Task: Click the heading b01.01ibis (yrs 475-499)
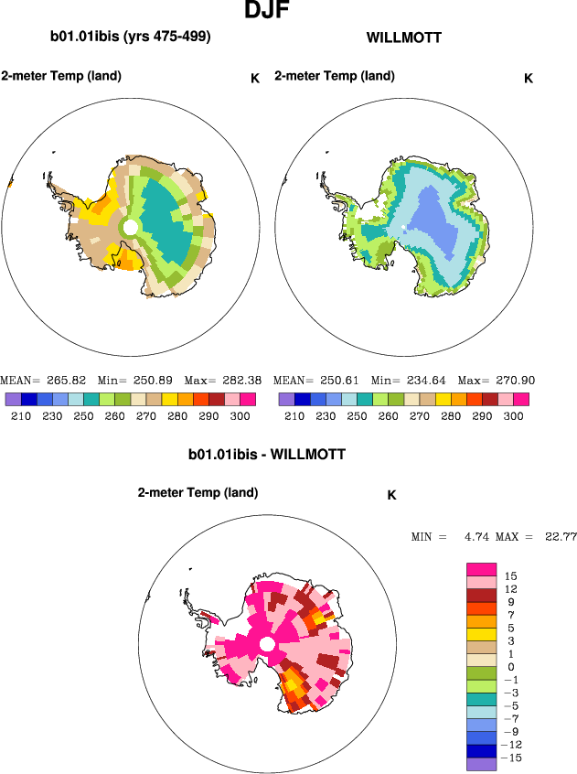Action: [131, 38]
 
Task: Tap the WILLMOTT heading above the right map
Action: [403, 38]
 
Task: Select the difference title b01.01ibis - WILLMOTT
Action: [267, 453]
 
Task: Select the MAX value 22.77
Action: [559, 536]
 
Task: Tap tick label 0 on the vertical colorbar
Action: [509, 667]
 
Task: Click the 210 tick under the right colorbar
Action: [294, 415]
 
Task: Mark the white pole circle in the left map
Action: [131, 225]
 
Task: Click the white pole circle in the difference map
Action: [267, 646]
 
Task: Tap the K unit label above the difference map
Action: [391, 495]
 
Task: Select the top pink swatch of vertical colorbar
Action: [481, 569]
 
